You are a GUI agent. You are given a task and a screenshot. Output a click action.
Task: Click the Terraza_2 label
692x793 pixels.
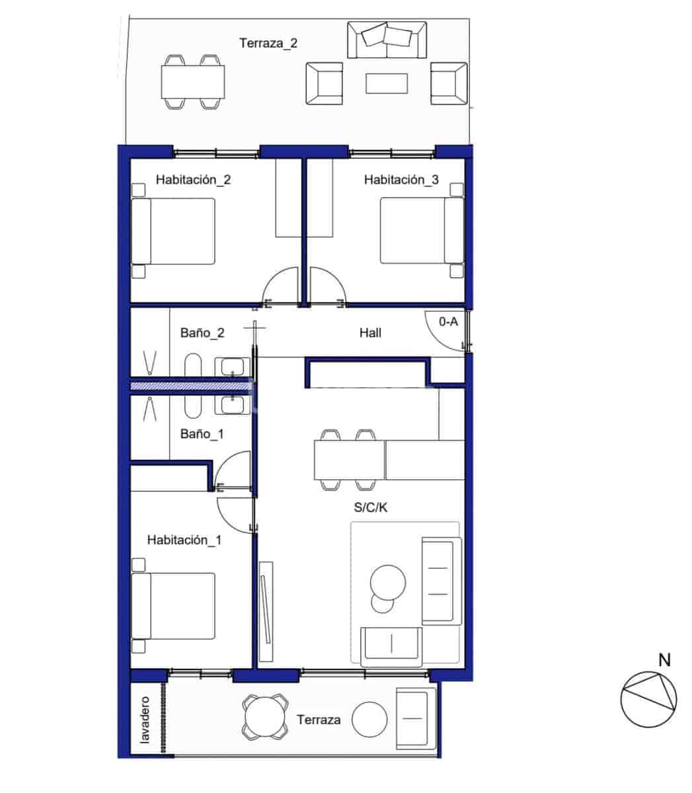[x=268, y=44]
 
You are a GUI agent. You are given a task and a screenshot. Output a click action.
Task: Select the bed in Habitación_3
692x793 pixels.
[x=422, y=231]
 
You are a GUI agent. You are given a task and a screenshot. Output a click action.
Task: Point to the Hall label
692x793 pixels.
[x=370, y=333]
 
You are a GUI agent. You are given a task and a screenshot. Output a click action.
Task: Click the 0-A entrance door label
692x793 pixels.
[x=448, y=322]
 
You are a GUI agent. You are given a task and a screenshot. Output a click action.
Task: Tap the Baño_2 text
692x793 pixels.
[x=202, y=333]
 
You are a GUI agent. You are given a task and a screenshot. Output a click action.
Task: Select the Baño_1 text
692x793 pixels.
[x=202, y=434]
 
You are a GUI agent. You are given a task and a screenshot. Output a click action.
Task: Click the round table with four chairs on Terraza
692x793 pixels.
[x=264, y=717]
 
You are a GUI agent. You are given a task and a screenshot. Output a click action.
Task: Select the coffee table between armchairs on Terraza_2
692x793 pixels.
[x=387, y=83]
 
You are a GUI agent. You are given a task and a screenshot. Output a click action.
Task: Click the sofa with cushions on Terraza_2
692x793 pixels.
[x=387, y=40]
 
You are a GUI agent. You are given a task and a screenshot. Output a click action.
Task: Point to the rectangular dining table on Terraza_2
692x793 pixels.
[x=192, y=81]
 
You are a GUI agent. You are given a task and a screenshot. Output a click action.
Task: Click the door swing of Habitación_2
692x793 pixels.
[x=280, y=285]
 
